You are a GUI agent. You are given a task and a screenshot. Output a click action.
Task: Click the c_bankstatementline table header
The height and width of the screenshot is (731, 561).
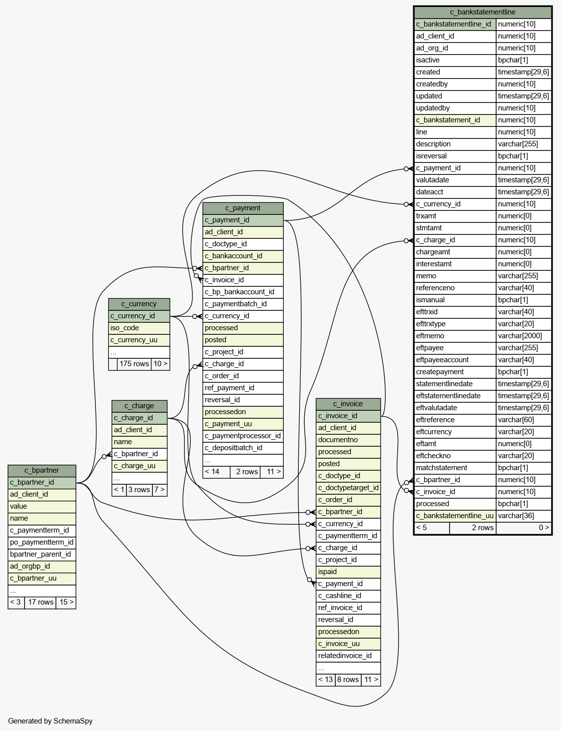click(483, 12)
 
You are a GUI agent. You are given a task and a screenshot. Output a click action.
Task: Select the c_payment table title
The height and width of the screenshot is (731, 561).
click(243, 208)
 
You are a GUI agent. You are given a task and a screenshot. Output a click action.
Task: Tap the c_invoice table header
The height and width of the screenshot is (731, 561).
click(348, 404)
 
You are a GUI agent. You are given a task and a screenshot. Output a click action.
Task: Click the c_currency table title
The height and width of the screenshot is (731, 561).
click(139, 304)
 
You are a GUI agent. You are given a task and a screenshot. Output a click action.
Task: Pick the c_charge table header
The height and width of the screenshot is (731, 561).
click(139, 406)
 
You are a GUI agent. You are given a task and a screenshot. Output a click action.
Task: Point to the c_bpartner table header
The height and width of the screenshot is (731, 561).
click(42, 470)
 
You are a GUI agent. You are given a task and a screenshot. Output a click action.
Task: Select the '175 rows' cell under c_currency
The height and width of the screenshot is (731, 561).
click(134, 364)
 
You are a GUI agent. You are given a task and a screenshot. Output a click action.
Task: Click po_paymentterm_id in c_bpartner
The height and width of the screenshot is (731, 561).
click(42, 542)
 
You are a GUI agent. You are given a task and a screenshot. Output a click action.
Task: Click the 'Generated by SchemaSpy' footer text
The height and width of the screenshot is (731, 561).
click(50, 721)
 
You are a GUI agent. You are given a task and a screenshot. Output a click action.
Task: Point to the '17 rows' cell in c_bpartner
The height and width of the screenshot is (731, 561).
click(40, 602)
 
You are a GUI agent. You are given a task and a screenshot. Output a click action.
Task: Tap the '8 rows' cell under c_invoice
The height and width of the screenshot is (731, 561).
click(348, 680)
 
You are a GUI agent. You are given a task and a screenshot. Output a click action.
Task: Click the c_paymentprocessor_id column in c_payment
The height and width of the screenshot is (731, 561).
click(243, 436)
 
